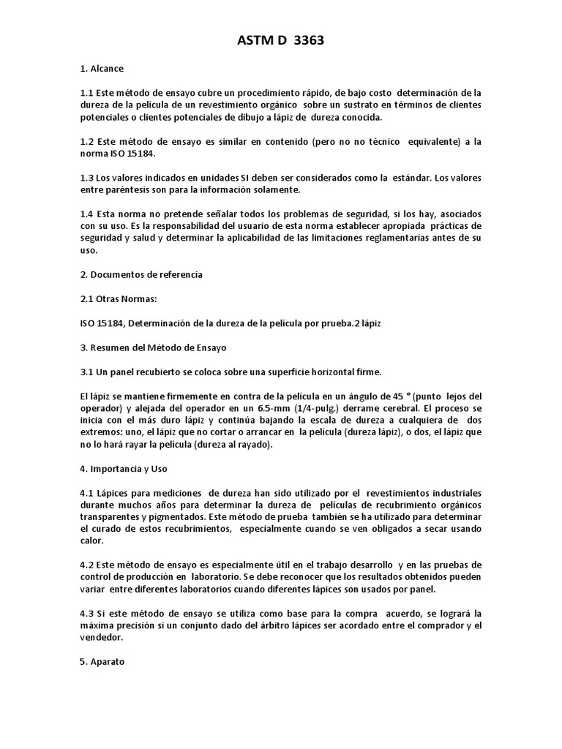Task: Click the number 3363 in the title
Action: (308, 41)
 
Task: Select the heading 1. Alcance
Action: (102, 69)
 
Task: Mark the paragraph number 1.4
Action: (87, 214)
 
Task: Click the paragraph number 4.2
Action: (87, 565)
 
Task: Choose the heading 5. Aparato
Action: (102, 661)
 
